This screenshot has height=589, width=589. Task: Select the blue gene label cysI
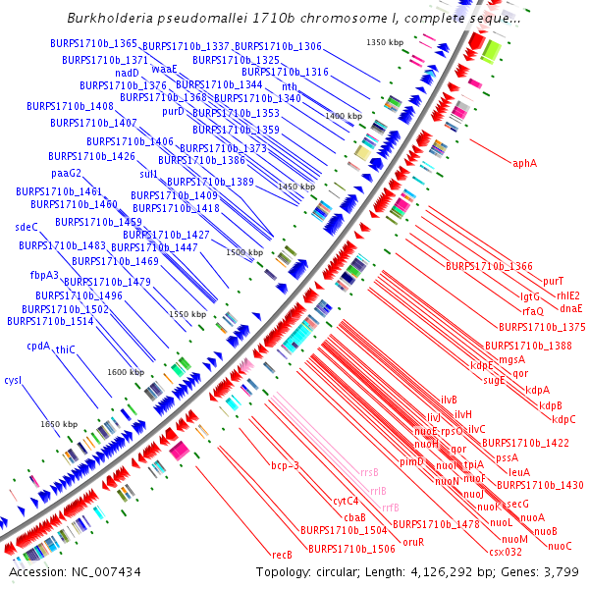click(x=13, y=379)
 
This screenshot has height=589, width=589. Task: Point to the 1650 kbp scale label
click(x=58, y=424)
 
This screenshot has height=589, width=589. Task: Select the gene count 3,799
click(x=559, y=572)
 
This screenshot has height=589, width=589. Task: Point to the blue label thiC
click(x=65, y=349)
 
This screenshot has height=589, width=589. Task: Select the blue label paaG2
click(x=67, y=173)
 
